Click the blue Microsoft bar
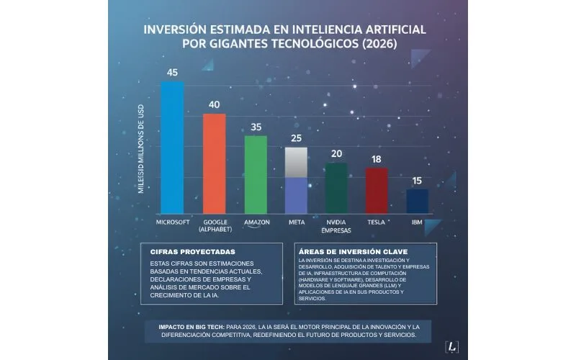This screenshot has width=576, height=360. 172,148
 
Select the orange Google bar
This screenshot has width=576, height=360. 214,163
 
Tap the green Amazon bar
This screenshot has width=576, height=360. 256,174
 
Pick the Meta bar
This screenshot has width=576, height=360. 297,181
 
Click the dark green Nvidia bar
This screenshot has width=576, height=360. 336,188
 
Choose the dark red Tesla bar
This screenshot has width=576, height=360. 377,191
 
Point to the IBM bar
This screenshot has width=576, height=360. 418,201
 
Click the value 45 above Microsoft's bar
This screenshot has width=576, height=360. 172,73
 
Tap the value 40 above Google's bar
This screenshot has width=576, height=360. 214,104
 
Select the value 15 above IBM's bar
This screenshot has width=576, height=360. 418,180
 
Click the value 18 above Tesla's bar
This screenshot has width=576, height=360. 377,158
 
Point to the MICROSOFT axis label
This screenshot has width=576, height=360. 173,222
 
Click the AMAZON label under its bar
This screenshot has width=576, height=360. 256,222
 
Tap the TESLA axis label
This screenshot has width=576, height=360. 377,222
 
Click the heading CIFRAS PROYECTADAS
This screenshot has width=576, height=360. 183,253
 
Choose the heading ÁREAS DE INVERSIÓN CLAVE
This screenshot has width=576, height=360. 347,251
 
